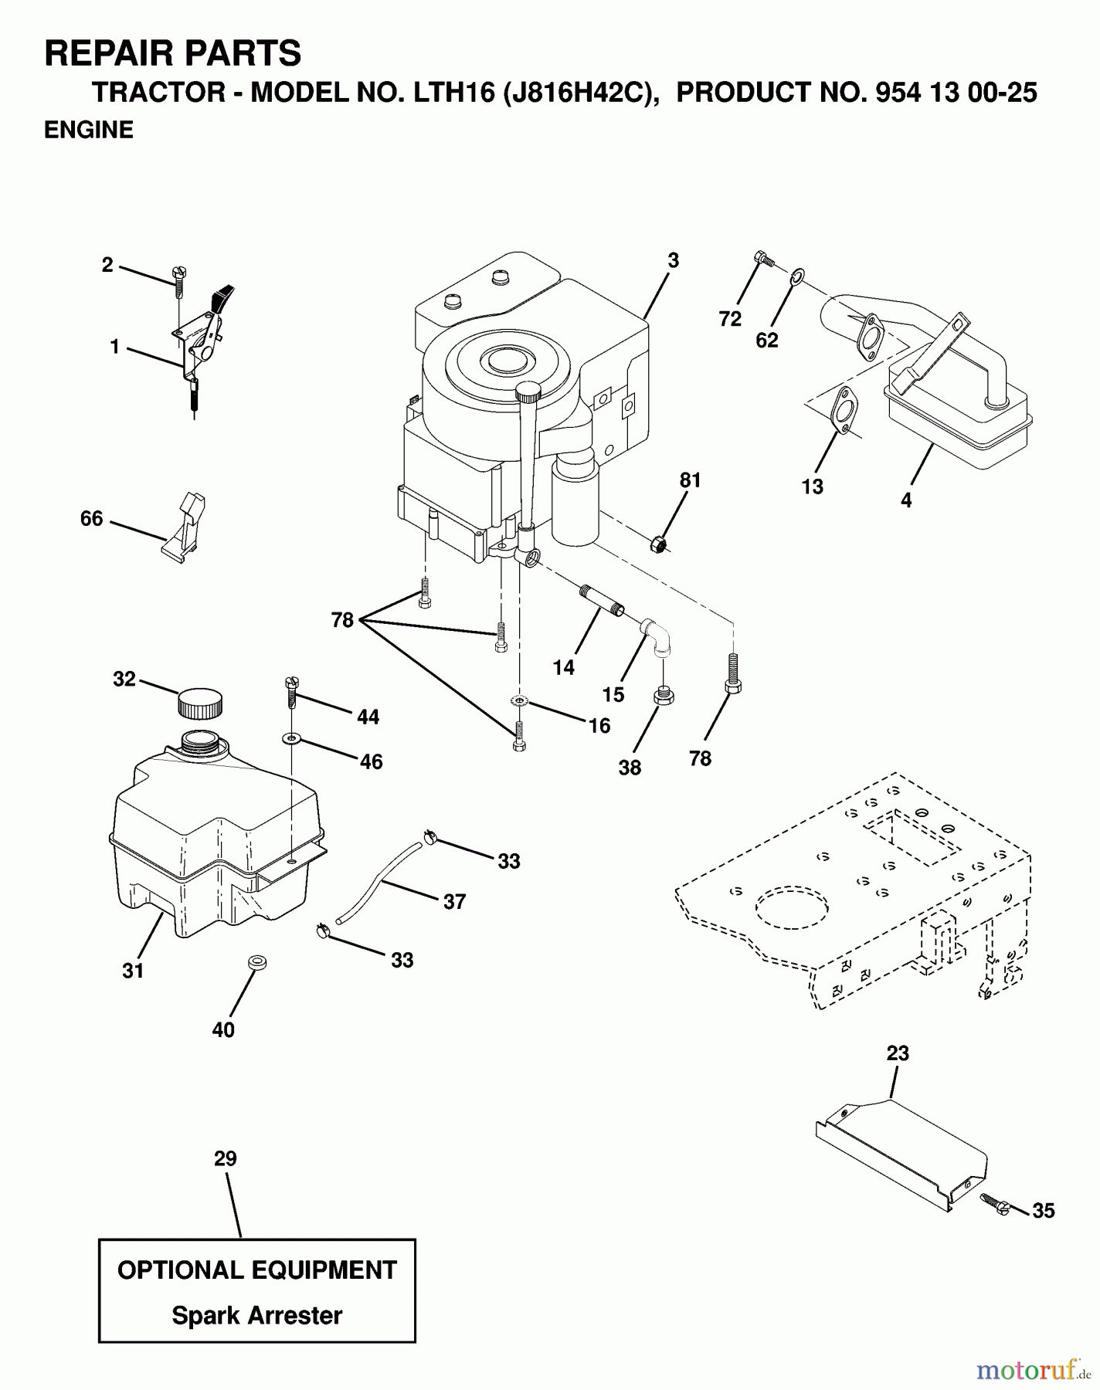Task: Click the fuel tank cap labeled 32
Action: click(200, 703)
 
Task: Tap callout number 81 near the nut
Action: click(690, 480)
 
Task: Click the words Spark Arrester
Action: click(256, 1315)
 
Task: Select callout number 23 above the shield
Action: click(898, 1053)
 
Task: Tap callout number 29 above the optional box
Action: click(226, 1158)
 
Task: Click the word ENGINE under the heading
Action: click(89, 130)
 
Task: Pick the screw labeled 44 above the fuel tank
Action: click(292, 691)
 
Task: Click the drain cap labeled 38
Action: click(664, 697)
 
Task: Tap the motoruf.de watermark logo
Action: click(1032, 1371)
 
